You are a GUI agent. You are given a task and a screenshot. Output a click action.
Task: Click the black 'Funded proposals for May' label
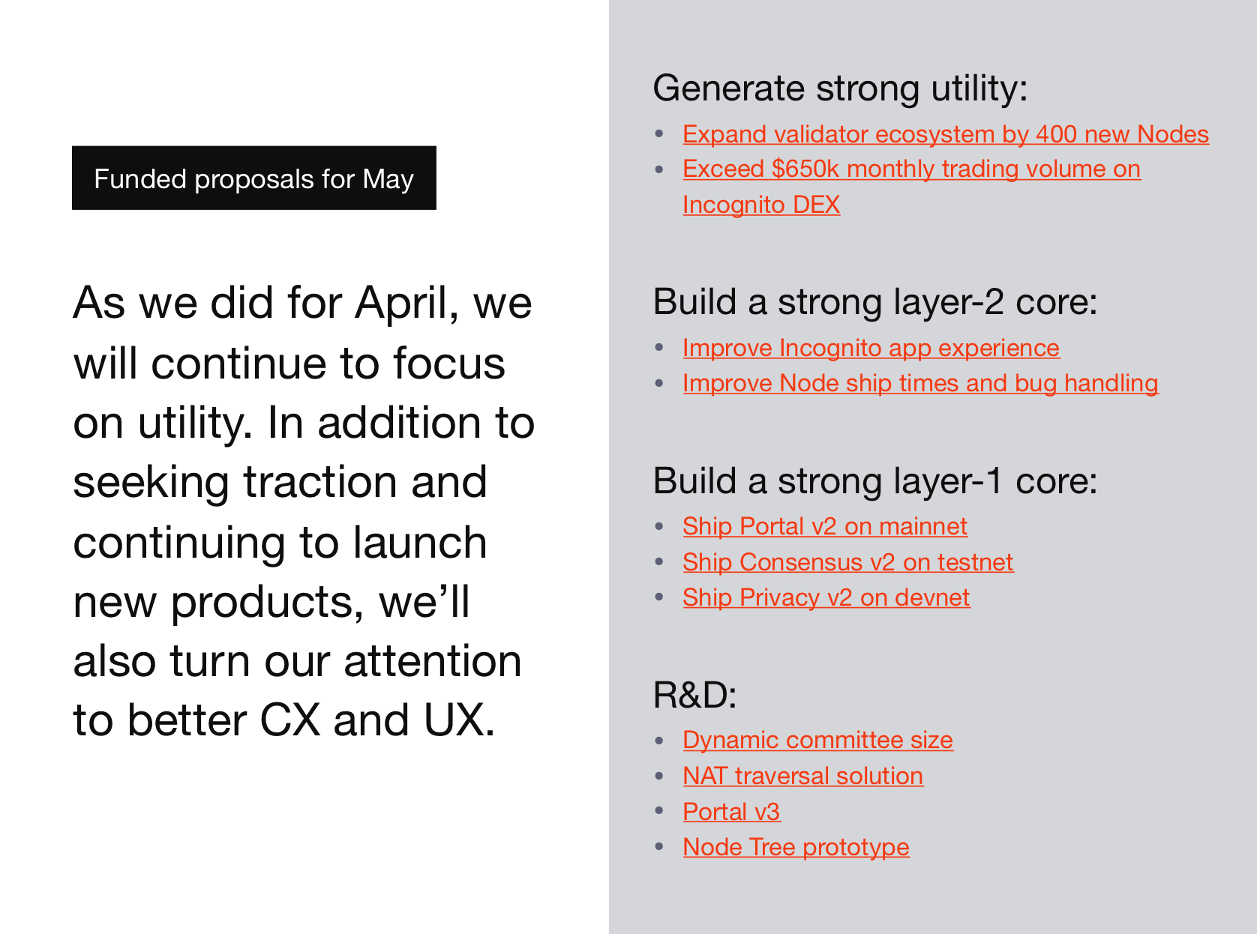tap(254, 178)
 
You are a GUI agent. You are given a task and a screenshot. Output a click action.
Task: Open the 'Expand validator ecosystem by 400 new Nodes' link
tap(946, 134)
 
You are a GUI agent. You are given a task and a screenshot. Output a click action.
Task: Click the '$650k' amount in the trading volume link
tap(805, 169)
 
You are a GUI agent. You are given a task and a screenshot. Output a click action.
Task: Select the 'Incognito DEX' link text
tap(761, 205)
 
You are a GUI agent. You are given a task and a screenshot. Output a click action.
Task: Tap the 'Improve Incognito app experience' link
tap(871, 348)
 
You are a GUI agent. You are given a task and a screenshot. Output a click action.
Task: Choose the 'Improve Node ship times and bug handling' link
tap(920, 384)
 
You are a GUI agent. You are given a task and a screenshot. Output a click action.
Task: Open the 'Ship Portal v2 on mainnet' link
tap(824, 526)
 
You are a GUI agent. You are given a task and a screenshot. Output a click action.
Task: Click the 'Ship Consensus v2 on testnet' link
tap(847, 562)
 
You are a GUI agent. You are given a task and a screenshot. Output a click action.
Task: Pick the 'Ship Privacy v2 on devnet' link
tap(826, 597)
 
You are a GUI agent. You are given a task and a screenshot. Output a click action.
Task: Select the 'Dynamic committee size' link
tap(817, 741)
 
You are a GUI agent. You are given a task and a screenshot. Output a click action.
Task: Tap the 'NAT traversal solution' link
tap(803, 776)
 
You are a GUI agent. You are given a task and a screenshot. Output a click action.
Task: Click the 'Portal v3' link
tap(732, 812)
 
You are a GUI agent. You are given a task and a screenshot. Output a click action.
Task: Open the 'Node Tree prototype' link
tap(796, 847)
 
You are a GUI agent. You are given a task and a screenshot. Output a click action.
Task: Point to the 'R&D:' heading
tap(694, 694)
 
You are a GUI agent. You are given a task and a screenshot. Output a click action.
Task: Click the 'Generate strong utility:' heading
tap(840, 89)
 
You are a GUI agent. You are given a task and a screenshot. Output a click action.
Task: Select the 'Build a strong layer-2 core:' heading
tap(875, 302)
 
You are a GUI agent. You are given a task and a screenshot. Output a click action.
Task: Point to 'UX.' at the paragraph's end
tap(460, 720)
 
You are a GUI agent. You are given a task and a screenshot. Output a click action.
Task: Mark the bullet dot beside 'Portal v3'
tap(658, 811)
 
